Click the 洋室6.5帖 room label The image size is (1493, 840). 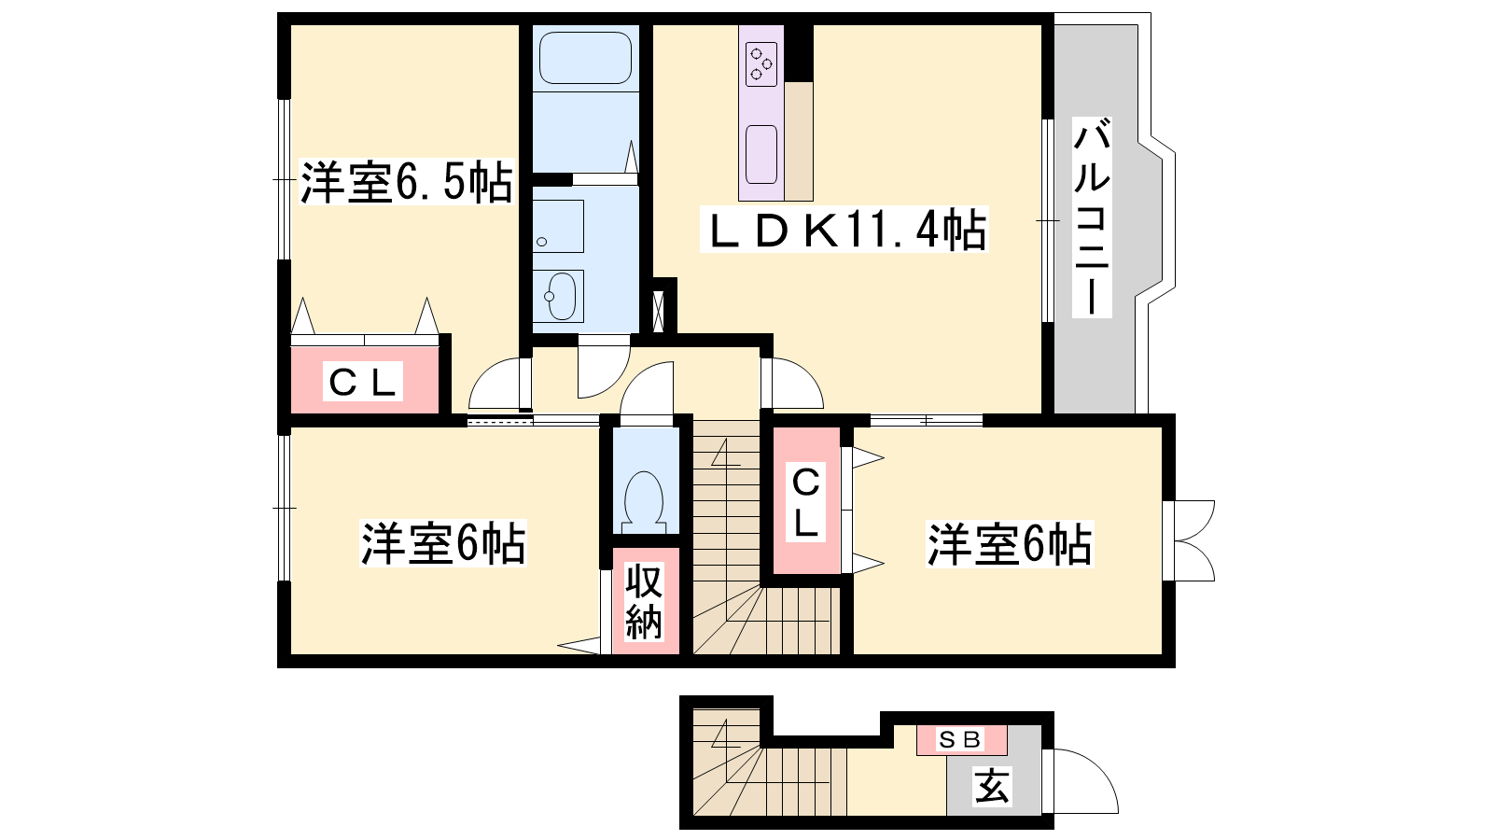407,182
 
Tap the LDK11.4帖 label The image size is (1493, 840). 844,230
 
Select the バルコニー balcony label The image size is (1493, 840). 1092,217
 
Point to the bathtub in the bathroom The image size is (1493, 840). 585,58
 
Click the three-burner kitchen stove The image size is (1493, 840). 761,64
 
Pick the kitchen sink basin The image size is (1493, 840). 761,154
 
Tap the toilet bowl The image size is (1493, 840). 644,501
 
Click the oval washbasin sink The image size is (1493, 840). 560,296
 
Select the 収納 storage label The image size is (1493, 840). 643,601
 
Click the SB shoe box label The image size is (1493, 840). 960,739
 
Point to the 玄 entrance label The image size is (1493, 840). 993,786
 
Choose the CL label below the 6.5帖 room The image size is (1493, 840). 363,382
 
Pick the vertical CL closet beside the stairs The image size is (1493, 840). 806,501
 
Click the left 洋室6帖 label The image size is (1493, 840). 443,543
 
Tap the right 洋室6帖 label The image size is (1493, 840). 1009,544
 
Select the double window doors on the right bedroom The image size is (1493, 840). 1189,540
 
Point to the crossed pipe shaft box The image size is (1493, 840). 659,312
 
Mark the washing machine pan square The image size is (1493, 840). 559,226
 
